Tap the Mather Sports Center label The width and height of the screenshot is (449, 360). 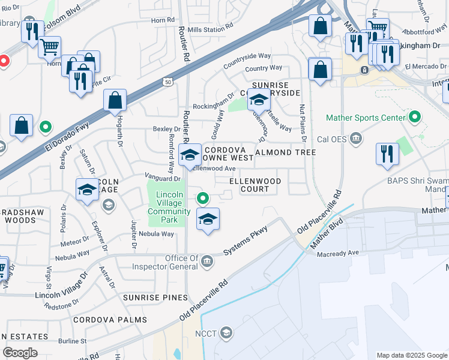366,118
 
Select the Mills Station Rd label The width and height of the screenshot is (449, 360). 209,28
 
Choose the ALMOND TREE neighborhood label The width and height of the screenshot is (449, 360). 286,152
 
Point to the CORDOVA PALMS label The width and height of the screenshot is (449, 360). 110,320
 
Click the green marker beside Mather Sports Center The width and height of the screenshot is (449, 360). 414,117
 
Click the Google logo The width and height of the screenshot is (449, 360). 20,352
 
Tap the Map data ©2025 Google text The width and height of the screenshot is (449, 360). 411,355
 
